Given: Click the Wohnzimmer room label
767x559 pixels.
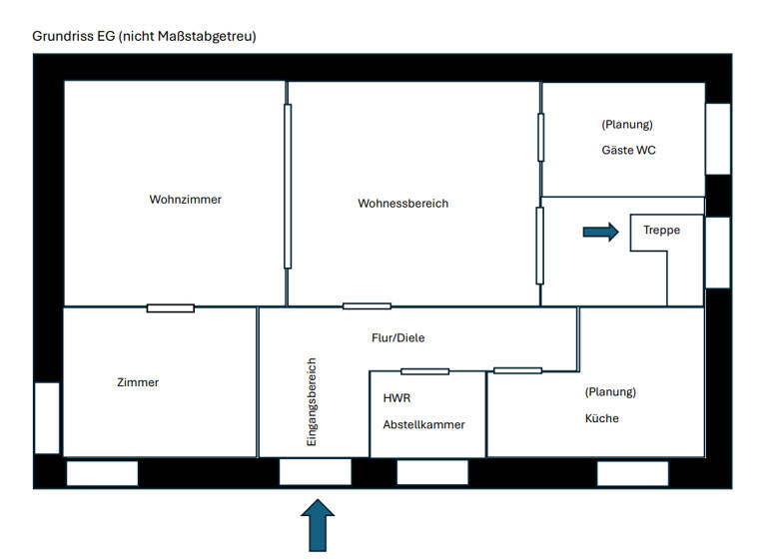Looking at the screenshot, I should tap(185, 200).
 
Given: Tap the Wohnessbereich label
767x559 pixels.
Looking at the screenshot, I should tap(402, 204).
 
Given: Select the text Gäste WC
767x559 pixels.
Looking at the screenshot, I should tap(628, 151).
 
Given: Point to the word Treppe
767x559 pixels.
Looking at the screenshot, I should tap(661, 230).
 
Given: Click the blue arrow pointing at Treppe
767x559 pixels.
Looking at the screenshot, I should tap(600, 232).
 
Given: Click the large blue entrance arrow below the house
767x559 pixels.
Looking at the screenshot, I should tap(317, 525).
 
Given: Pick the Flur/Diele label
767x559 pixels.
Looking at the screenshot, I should tap(397, 338).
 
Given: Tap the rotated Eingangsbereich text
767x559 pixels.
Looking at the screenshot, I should tap(311, 401).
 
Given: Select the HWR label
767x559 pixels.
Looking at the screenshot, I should tap(396, 397).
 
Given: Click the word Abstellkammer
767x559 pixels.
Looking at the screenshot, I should tap(423, 424).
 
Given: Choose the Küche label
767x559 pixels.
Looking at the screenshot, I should tap(601, 418).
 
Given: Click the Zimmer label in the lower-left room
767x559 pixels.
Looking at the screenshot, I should tap(138, 382).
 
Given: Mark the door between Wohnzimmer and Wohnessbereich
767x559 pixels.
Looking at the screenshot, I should tap(288, 186).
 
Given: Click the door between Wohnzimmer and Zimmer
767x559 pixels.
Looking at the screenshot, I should tap(171, 307).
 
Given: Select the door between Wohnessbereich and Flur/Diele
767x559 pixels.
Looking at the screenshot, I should tap(367, 306).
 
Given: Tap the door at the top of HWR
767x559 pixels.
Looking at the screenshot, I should tap(424, 371).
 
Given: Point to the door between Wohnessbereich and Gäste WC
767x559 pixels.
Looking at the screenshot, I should tap(541, 138).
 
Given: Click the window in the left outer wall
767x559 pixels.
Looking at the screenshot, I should tap(47, 417).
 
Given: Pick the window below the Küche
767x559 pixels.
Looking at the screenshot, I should tap(632, 473).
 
